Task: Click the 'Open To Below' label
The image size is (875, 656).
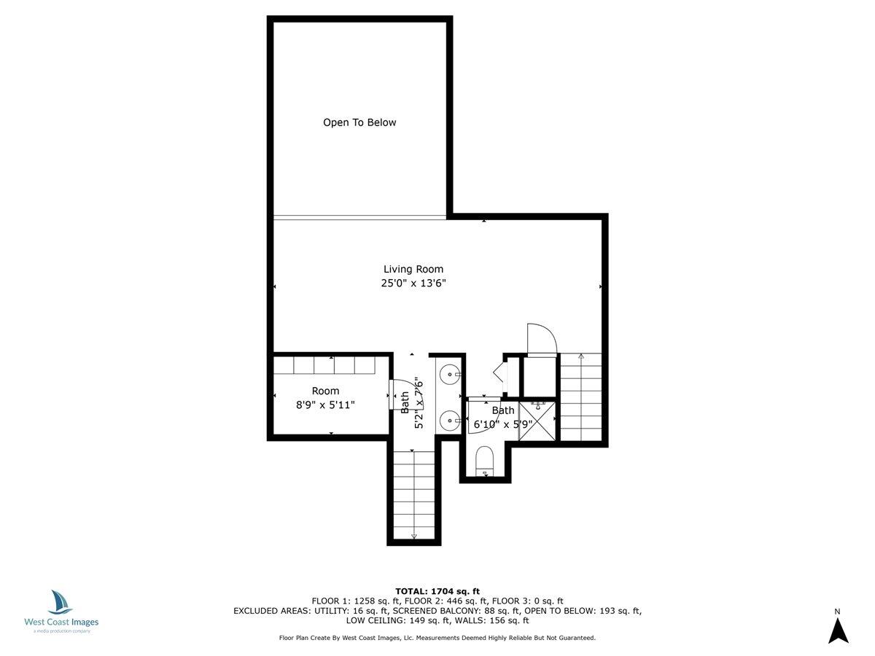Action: point(359,122)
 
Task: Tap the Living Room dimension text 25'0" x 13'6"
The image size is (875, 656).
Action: point(413,284)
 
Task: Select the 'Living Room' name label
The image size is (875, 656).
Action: point(413,269)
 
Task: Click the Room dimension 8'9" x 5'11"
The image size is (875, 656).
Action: point(325,405)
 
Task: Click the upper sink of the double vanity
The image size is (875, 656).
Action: point(450,375)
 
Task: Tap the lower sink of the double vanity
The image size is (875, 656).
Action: point(450,421)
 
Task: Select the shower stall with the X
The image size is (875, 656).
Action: point(537,421)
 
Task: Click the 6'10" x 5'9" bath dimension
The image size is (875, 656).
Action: point(503,423)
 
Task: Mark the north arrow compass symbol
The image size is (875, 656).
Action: point(838,630)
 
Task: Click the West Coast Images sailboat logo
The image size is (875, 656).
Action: point(61,603)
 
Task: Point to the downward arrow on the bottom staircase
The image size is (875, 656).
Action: point(414,536)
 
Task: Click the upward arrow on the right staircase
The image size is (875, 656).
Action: point(581,356)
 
